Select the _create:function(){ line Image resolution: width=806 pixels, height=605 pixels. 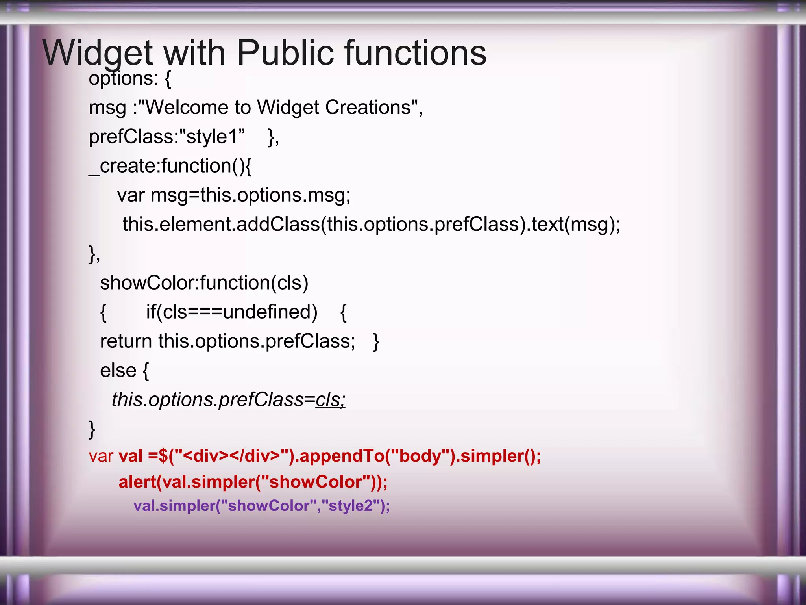(x=170, y=166)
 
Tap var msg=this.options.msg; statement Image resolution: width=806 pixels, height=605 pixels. (x=234, y=195)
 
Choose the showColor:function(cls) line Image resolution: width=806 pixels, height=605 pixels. (x=204, y=283)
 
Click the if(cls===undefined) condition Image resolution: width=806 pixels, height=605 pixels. (x=232, y=312)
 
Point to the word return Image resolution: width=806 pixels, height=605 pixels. (x=126, y=341)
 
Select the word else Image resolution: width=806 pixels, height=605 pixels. (x=118, y=370)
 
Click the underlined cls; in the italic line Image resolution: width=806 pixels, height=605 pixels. (x=330, y=400)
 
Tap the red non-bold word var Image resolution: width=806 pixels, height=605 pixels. (x=101, y=456)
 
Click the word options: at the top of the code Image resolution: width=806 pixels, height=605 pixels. (x=123, y=78)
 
